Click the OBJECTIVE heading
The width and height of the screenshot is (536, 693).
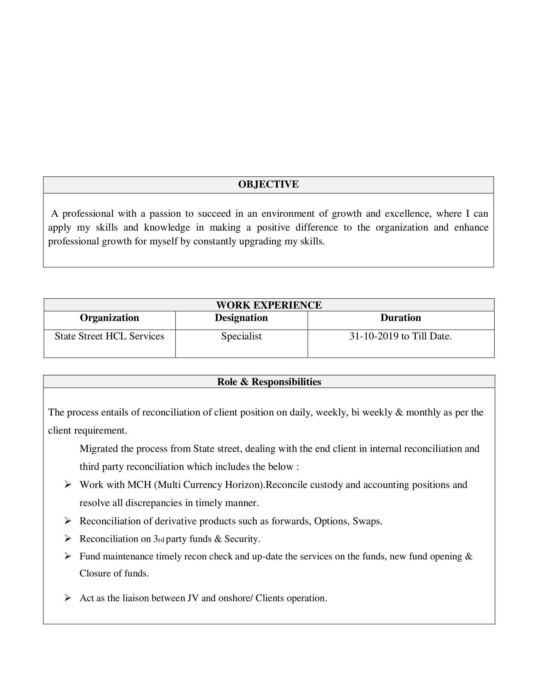point(268,184)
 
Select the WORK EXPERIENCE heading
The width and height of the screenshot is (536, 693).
point(269,305)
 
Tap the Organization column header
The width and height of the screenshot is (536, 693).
point(109,318)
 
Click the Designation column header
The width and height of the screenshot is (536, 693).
point(241,318)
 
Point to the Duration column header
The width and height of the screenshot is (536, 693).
point(401,318)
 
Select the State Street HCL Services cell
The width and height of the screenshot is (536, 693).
point(109,336)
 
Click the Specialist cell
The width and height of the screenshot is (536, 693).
point(241,336)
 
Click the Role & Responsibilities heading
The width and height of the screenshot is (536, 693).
point(269,381)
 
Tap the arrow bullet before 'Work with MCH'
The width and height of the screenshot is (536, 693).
point(68,484)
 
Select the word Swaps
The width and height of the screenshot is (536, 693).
point(367,521)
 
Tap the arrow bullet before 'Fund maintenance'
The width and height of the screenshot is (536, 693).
point(68,556)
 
